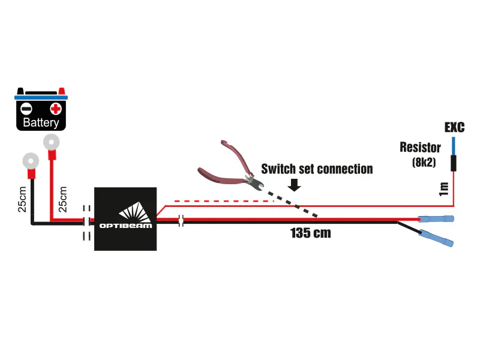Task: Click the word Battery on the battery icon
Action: coord(41,123)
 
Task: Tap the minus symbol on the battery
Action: coord(26,109)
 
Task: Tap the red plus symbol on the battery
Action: coord(56,109)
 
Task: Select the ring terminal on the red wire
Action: coord(52,142)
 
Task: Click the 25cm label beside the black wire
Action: coord(22,199)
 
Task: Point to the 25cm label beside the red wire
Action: coord(62,199)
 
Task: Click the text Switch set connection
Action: coord(317,169)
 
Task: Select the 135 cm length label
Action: coord(310,233)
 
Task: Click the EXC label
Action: coord(454,127)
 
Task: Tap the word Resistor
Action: coord(420,148)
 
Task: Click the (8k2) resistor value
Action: coord(424,162)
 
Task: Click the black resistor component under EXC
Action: coord(454,163)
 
